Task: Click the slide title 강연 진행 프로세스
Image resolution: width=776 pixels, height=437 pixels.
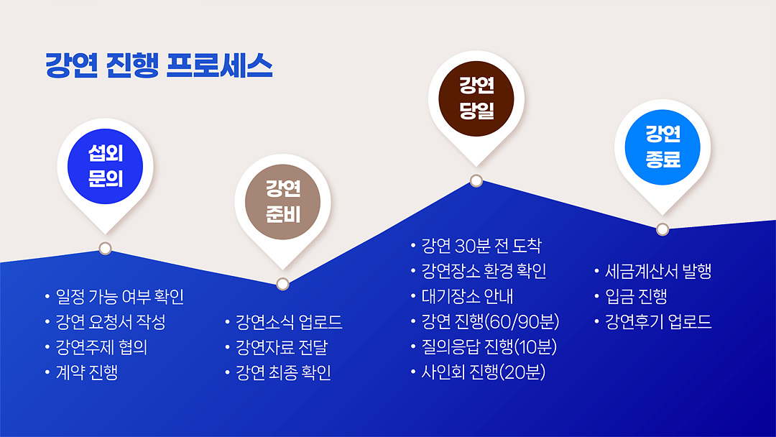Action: [x=159, y=65]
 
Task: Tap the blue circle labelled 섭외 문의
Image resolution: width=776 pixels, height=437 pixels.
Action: [x=105, y=166]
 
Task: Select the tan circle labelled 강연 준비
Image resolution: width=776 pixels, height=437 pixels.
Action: [x=282, y=202]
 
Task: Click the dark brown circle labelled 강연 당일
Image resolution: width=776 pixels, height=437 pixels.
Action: [x=476, y=98]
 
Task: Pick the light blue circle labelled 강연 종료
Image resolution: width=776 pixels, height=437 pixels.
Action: [x=662, y=147]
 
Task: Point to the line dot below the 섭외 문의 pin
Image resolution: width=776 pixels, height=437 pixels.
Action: [x=105, y=249]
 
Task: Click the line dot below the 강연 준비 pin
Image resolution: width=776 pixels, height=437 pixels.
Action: [x=282, y=284]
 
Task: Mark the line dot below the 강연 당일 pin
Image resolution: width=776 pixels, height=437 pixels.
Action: [x=476, y=180]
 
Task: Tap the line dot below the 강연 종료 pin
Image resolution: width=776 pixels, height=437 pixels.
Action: [x=662, y=229]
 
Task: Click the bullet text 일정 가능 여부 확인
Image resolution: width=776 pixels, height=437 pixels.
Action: [x=120, y=297]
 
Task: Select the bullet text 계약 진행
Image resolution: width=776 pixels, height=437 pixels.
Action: [x=87, y=372]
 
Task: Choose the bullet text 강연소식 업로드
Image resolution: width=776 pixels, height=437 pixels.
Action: [x=289, y=322]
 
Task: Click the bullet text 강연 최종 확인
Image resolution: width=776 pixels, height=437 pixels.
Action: [x=283, y=372]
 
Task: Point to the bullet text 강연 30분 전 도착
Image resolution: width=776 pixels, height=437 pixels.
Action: [x=481, y=246]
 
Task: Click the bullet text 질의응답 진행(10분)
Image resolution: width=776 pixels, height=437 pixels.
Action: [x=489, y=346]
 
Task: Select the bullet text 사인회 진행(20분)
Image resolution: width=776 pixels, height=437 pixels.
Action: [x=483, y=372]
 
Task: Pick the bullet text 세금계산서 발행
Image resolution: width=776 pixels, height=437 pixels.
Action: [x=658, y=271]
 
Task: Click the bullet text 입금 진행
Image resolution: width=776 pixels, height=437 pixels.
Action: [x=636, y=296]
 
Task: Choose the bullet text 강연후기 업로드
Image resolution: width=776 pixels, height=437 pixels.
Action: [x=658, y=322]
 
